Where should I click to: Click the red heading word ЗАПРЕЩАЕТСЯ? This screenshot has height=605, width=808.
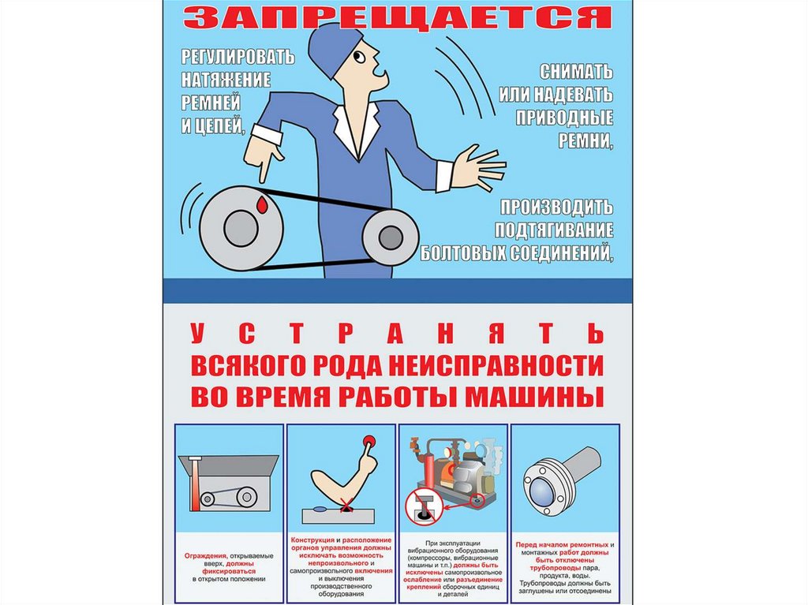pyautogui.click(x=398, y=17)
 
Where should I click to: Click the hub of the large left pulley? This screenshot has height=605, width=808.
pyautogui.click(x=241, y=228)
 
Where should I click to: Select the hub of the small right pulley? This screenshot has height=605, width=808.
pyautogui.click(x=391, y=237)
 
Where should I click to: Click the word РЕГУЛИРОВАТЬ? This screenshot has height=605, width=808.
pyautogui.click(x=238, y=56)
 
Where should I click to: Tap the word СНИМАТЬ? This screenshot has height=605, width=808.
pyautogui.click(x=576, y=72)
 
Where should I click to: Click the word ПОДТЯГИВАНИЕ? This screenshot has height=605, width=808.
pyautogui.click(x=554, y=230)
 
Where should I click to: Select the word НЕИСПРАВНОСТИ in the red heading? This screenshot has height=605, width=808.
pyautogui.click(x=496, y=365)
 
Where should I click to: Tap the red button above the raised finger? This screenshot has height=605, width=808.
pyautogui.click(x=368, y=441)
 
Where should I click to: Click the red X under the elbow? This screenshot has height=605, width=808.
pyautogui.click(x=346, y=507)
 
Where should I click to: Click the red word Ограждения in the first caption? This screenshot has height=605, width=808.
pyautogui.click(x=206, y=556)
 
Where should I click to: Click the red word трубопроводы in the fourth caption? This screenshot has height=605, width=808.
pyautogui.click(x=555, y=567)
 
